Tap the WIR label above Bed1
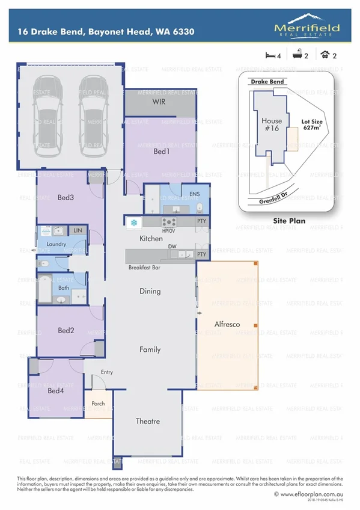point(159,102)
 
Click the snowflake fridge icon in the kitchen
point(133,223)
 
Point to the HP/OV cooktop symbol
point(168,223)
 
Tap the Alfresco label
point(227,324)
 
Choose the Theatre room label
point(147,421)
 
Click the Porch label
point(98,404)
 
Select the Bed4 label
point(55,391)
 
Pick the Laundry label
point(55,244)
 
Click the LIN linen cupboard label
point(78,230)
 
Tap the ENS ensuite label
point(194,194)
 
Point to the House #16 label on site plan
point(272,124)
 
